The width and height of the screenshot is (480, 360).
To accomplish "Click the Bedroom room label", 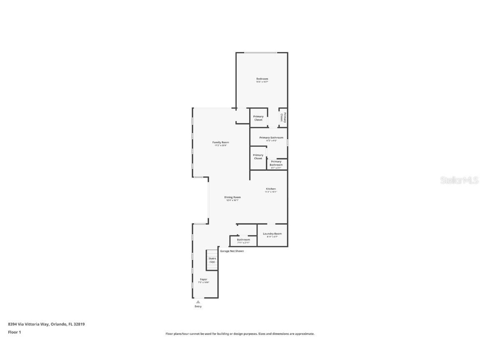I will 262,79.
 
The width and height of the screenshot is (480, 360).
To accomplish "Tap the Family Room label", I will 220,142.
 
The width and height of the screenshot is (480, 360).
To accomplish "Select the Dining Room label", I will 232,197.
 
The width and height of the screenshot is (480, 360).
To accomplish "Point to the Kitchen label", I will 271,189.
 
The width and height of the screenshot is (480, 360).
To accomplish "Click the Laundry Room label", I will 272,234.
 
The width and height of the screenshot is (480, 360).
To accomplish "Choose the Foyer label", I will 203,279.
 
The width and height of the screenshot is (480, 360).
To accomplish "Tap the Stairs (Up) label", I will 212,260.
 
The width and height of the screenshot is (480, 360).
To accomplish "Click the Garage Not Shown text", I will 232,251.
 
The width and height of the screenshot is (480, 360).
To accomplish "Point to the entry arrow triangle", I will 198,302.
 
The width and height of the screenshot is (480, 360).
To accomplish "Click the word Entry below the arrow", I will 198,307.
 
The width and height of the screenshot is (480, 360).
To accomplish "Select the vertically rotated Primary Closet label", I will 282,117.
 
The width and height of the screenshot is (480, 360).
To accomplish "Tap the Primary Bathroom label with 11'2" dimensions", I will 271,137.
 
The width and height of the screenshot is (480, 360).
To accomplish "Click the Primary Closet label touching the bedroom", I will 258,118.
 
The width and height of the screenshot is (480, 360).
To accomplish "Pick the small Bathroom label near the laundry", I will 243,240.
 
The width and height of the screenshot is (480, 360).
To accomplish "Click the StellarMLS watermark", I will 460,180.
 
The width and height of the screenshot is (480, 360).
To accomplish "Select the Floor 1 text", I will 14,332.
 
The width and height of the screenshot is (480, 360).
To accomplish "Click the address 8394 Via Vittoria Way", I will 46,324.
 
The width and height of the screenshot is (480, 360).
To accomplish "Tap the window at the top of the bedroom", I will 260,52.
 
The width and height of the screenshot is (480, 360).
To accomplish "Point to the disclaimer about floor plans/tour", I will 240,334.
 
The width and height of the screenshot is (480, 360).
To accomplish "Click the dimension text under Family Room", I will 220,145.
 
